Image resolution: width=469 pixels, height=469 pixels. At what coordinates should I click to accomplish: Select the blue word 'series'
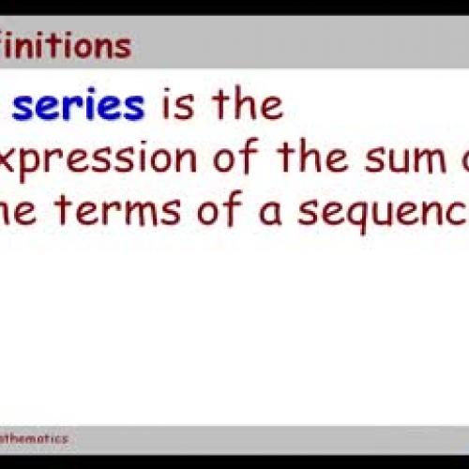pos(79,105)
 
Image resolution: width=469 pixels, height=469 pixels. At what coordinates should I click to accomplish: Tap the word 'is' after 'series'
pos(178,105)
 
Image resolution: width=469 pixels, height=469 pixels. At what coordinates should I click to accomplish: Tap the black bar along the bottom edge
pos(234,461)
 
